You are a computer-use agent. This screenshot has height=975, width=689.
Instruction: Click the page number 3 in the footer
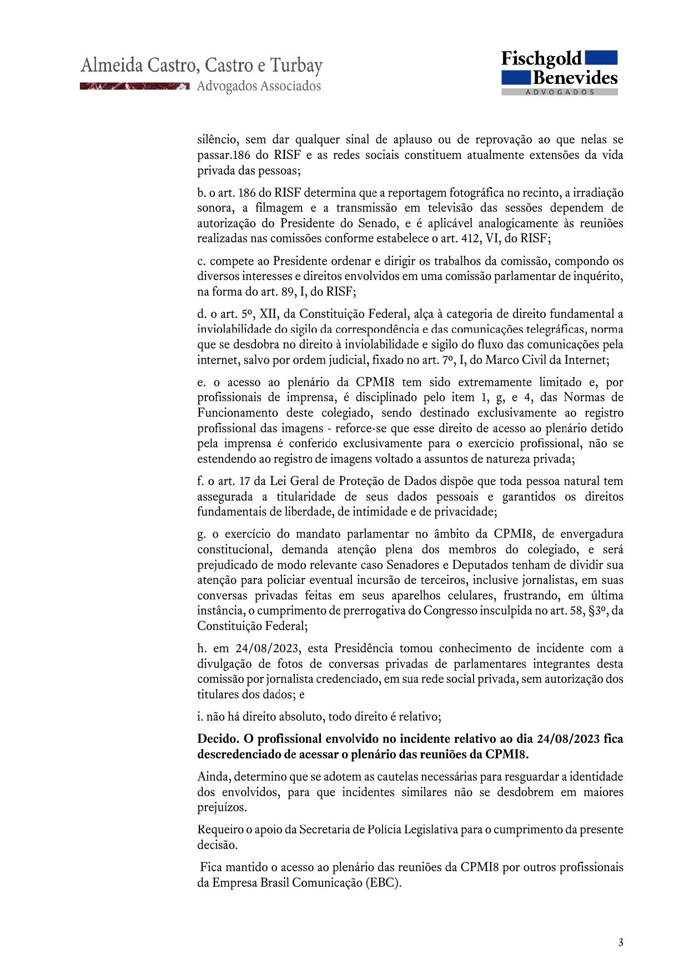tap(621, 942)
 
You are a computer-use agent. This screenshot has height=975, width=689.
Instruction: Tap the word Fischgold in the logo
tap(541, 59)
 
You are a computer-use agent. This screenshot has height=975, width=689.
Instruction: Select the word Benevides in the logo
tap(575, 78)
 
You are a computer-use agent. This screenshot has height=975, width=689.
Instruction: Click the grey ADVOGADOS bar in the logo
tap(560, 92)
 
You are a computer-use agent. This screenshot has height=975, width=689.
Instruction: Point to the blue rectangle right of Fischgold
tap(601, 58)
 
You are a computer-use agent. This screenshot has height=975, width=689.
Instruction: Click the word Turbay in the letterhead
tap(296, 66)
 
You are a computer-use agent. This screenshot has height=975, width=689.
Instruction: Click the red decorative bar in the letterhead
tap(134, 86)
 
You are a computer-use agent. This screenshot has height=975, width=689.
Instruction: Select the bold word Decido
tap(218, 739)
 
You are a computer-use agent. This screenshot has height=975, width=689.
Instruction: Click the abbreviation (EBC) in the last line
tap(383, 883)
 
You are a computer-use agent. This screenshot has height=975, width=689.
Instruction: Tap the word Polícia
tap(384, 829)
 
